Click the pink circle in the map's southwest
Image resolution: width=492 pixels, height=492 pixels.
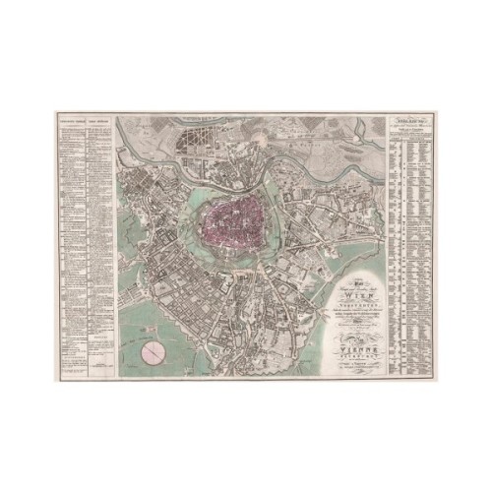point(154,352)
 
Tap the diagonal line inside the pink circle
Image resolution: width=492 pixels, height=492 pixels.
point(154,352)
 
